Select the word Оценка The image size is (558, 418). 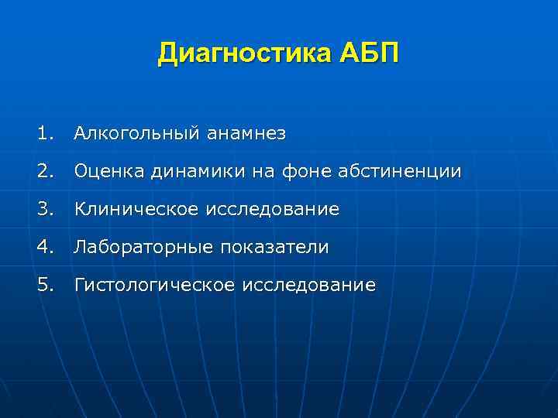[x=104, y=172]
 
